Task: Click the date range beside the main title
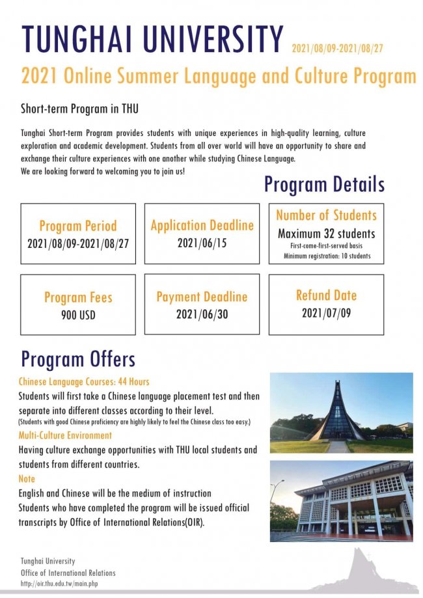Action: click(x=337, y=48)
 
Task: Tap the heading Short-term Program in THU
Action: click(x=79, y=109)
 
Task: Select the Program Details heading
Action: click(x=324, y=184)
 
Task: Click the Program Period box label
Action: click(x=78, y=226)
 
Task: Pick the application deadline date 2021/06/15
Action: click(x=202, y=243)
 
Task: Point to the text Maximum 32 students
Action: click(x=326, y=234)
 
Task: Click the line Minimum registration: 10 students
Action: click(x=327, y=256)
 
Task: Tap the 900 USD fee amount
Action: click(x=78, y=316)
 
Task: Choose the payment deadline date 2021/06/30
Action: click(x=202, y=314)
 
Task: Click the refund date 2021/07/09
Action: click(x=326, y=313)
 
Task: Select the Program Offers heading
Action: click(x=78, y=359)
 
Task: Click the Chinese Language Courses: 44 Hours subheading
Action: click(x=84, y=382)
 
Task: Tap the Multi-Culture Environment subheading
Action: click(x=65, y=435)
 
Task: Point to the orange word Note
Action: click(x=27, y=479)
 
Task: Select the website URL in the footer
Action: click(x=59, y=583)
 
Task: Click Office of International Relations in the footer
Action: click(x=68, y=573)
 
